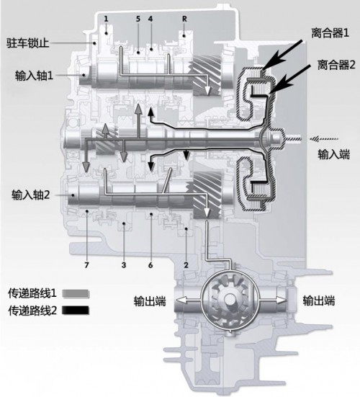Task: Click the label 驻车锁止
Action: [x=27, y=43]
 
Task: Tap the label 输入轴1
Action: [x=34, y=76]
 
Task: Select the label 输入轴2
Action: [x=31, y=195]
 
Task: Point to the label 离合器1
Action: [x=330, y=33]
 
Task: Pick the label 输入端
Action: [x=333, y=154]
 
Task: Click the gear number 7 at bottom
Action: [x=86, y=265]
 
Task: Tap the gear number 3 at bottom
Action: [x=124, y=265]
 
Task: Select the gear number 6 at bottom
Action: [x=150, y=265]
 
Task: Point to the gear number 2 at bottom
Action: [x=186, y=265]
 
